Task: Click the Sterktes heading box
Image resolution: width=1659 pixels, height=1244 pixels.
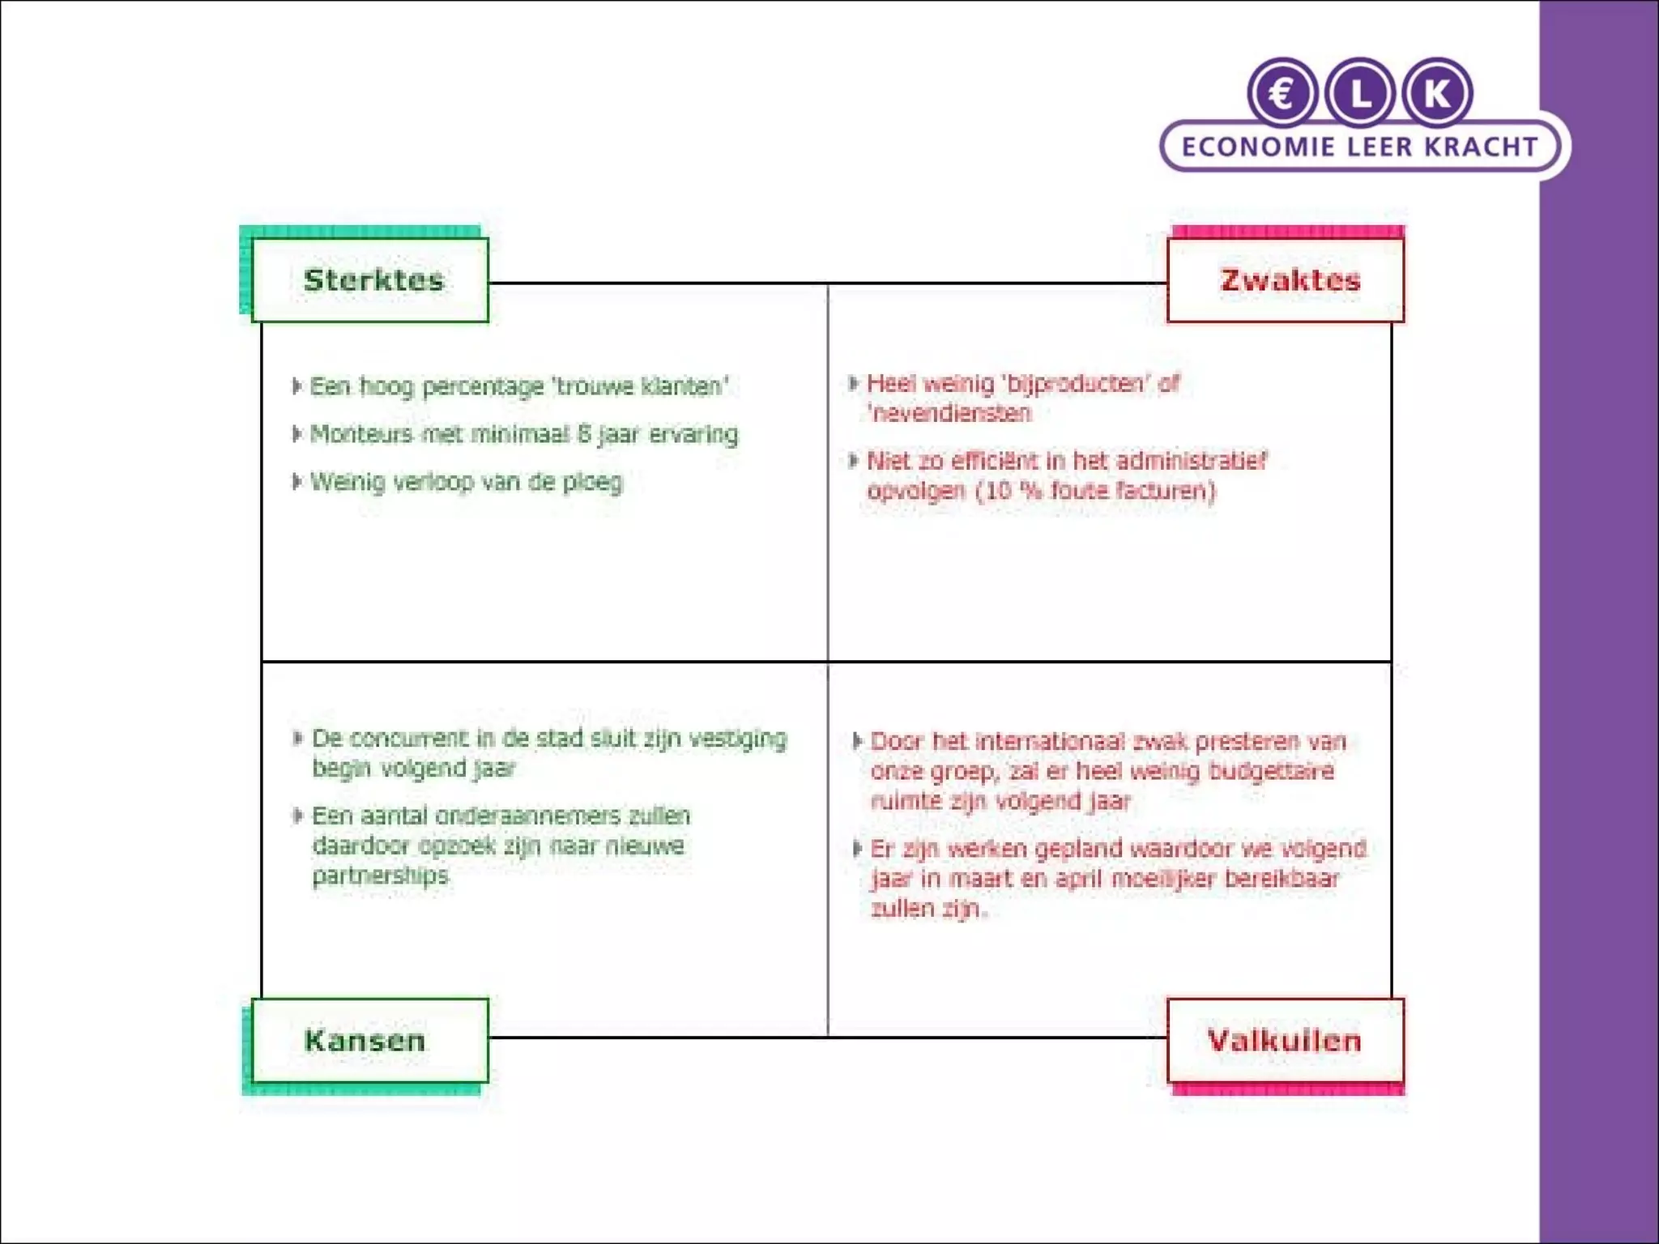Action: tap(370, 280)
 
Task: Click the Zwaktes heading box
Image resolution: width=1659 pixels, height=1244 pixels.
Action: tap(1286, 280)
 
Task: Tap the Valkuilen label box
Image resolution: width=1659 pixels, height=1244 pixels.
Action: tap(1286, 1041)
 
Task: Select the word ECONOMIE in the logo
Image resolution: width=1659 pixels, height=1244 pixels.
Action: tap(1258, 147)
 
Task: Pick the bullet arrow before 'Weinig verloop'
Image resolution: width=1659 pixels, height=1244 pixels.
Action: tap(296, 481)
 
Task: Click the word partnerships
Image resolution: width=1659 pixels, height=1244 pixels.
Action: tap(380, 875)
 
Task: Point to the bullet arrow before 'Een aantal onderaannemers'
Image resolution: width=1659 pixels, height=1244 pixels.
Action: tap(297, 815)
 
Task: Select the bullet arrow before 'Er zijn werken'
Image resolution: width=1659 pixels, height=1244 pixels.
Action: tap(856, 849)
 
